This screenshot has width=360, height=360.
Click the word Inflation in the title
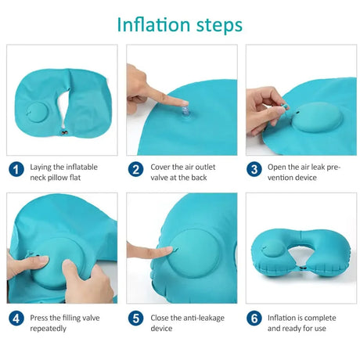coord(150,23)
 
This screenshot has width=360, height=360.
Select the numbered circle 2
coord(136,168)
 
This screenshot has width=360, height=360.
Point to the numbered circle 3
coord(254,168)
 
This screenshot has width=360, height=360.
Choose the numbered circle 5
coord(136,319)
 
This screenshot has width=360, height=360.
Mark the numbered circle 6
coord(254,319)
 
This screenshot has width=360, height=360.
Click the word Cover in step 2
coord(160,167)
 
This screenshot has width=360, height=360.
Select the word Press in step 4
coord(41,316)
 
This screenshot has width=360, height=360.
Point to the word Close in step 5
coord(160,316)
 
